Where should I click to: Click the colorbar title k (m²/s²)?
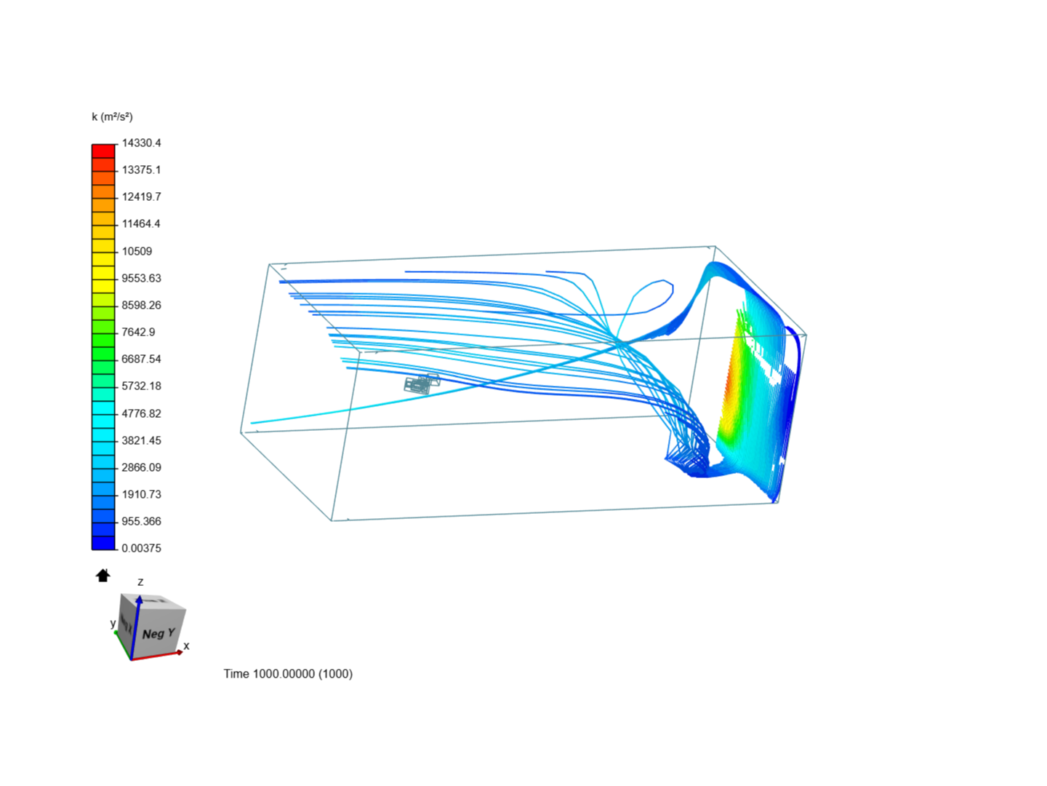pos(112,117)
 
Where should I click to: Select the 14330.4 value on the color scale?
pos(142,143)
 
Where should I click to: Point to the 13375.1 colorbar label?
pos(142,170)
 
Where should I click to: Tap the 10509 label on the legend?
pos(137,252)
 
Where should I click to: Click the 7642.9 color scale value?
pos(138,332)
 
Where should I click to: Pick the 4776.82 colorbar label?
pos(142,413)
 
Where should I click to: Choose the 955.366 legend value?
pos(142,521)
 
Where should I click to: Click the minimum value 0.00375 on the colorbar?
pos(142,548)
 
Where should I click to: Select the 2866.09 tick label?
pos(142,467)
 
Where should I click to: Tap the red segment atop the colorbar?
pos(103,151)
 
